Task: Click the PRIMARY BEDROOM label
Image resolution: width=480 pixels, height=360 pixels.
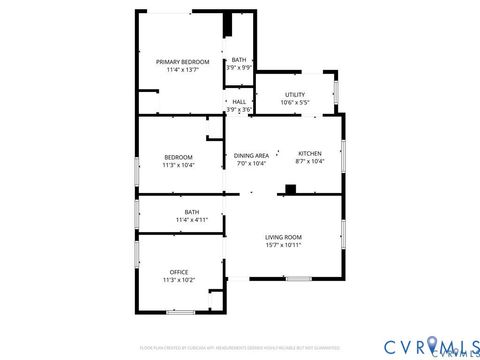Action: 182,62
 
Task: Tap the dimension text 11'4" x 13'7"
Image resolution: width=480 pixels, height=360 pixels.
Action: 182,70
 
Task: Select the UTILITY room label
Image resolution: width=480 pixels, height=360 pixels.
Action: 295,94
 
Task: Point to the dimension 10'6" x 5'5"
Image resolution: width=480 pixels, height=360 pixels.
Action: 295,102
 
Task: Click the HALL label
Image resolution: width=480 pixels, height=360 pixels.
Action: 239,102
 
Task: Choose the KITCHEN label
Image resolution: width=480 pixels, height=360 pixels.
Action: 309,154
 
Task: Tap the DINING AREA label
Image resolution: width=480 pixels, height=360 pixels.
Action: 251,155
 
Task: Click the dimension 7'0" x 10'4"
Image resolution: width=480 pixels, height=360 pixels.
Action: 251,163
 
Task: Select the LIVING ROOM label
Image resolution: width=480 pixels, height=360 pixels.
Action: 283,237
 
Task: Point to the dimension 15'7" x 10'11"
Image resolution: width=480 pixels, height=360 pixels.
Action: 283,245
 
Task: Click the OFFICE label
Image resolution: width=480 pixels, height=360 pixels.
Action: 179,272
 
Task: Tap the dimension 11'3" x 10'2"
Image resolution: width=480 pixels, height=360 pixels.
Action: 179,280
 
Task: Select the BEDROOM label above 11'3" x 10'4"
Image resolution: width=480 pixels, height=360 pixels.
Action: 179,157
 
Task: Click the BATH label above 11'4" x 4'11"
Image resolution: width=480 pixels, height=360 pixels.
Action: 191,211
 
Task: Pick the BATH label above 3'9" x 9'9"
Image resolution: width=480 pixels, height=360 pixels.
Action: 239,60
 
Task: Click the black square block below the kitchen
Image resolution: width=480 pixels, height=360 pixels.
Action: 290,189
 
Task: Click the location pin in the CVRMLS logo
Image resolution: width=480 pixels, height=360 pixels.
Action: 433,344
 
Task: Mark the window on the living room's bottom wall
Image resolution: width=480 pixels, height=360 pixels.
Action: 298,279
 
